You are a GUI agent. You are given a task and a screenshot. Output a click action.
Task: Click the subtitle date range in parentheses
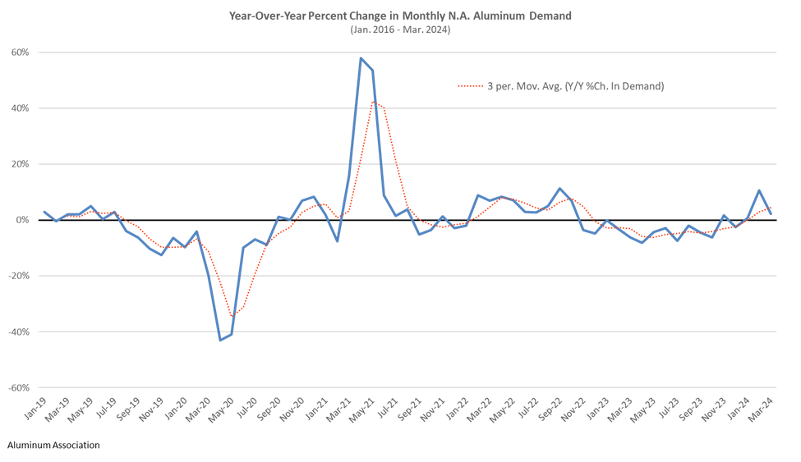(400, 30)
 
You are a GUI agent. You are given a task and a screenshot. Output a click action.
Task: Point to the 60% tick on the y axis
(21, 53)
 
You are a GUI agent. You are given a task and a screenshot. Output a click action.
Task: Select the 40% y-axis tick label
(21, 108)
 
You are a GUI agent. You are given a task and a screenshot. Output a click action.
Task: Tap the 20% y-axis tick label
(21, 164)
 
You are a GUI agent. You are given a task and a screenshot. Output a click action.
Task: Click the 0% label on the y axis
(23, 220)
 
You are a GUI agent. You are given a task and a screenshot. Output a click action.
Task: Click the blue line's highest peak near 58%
(361, 58)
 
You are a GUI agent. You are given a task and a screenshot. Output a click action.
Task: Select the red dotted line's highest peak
(373, 102)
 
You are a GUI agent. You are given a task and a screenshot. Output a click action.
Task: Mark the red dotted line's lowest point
(232, 314)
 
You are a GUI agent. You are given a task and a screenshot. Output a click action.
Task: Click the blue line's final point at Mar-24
(771, 214)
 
